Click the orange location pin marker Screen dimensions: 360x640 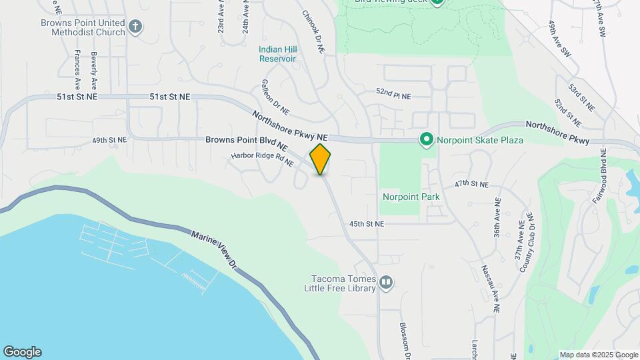point(320,159)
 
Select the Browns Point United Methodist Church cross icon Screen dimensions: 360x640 point(135,27)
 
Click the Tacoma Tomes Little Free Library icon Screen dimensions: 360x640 point(385,283)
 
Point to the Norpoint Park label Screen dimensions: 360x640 point(411,197)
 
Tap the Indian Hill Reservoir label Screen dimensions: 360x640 point(277,53)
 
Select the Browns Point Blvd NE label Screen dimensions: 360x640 point(247,141)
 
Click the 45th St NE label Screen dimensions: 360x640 point(367,225)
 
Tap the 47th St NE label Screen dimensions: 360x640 point(472,184)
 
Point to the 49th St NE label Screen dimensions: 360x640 point(109,141)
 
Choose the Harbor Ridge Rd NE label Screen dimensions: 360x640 point(262,160)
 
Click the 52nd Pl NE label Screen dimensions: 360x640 point(393,95)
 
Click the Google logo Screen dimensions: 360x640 point(22,352)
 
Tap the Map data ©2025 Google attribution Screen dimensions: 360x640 point(599,355)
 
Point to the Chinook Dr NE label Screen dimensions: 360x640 point(313,31)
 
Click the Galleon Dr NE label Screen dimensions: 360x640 point(275,96)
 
